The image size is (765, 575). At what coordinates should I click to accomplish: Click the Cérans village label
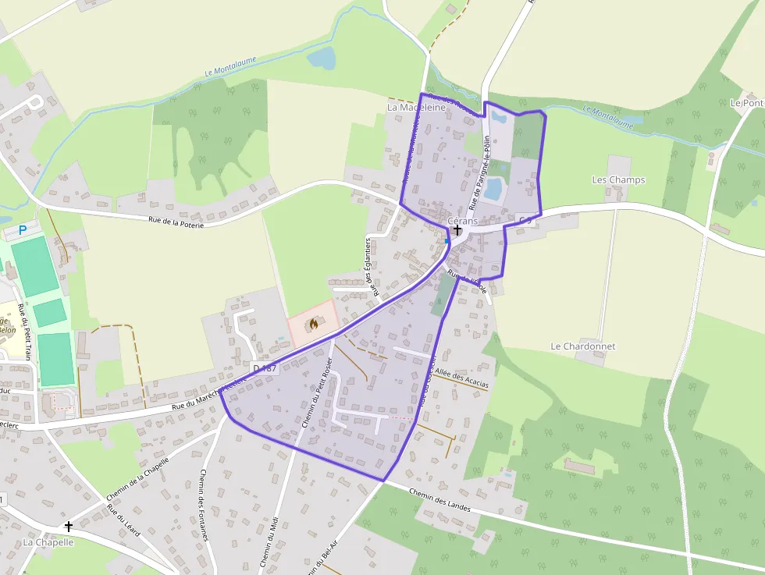(x=462, y=221)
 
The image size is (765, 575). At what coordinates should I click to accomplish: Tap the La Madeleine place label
(x=416, y=108)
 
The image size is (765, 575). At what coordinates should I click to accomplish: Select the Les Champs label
(x=618, y=179)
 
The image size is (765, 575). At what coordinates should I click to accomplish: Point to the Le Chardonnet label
(x=582, y=346)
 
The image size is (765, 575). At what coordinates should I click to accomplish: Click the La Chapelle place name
(x=48, y=542)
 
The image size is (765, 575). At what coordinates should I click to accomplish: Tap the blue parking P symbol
(x=23, y=230)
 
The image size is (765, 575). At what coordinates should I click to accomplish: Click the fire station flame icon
(x=314, y=322)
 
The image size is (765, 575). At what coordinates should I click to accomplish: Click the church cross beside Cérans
(x=457, y=230)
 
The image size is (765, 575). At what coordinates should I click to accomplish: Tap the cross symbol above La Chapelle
(x=68, y=527)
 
